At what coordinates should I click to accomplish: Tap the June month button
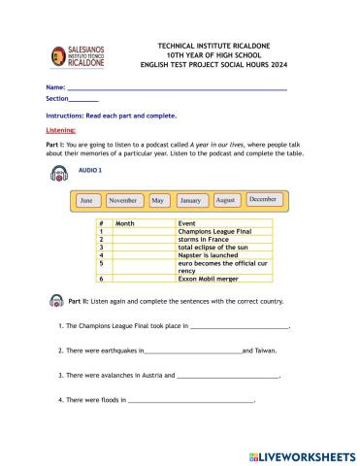pos(86,201)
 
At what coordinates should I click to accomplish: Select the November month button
pos(122,200)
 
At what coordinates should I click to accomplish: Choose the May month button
pos(156,200)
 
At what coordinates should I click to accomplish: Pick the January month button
pos(190,200)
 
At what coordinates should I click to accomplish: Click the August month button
pos(225,199)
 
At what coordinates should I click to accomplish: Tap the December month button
pos(262,199)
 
